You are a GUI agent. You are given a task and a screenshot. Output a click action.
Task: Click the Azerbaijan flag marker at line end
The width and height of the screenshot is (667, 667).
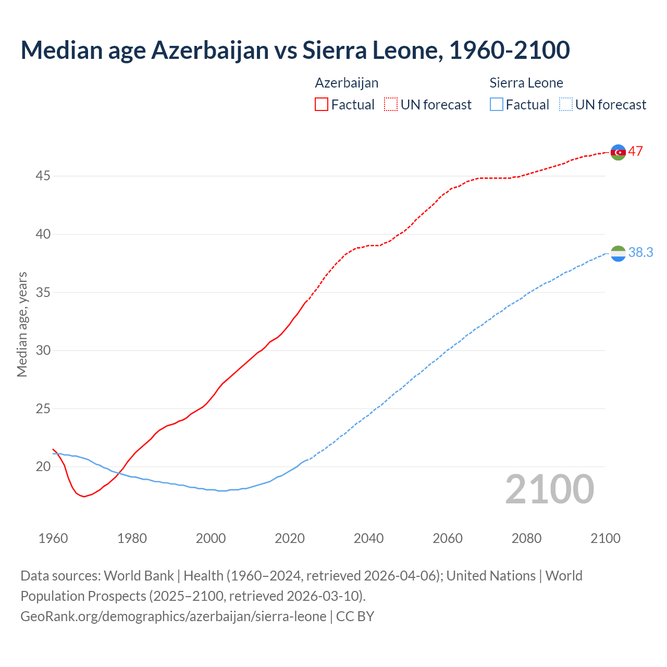pyautogui.click(x=618, y=152)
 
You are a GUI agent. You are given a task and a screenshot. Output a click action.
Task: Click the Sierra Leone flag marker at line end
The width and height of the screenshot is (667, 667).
pyautogui.click(x=618, y=253)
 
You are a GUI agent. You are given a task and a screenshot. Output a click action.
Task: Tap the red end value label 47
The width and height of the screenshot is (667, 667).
pyautogui.click(x=635, y=152)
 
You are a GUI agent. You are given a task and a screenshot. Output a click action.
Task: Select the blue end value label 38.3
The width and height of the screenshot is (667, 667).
pyautogui.click(x=640, y=253)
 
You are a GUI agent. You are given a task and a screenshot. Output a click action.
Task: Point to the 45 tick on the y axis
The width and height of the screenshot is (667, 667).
pyautogui.click(x=43, y=176)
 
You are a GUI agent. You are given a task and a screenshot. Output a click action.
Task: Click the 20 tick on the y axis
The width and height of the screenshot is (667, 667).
pyautogui.click(x=43, y=466)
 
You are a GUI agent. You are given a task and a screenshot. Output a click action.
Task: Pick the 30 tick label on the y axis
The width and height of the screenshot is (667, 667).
pyautogui.click(x=43, y=350)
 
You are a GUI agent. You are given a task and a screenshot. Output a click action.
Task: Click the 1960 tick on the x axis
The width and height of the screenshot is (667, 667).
pyautogui.click(x=53, y=538)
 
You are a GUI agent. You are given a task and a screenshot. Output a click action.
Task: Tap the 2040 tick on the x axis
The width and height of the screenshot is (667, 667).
pyautogui.click(x=368, y=538)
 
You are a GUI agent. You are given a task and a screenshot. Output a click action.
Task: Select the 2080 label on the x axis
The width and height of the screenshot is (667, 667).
pyautogui.click(x=526, y=538)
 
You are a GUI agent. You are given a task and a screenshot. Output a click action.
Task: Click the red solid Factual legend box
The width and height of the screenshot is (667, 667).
pyautogui.click(x=322, y=105)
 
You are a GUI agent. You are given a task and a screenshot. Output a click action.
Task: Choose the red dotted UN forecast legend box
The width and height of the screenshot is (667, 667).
pyautogui.click(x=391, y=105)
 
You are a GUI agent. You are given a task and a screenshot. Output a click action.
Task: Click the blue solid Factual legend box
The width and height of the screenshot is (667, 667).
pyautogui.click(x=497, y=105)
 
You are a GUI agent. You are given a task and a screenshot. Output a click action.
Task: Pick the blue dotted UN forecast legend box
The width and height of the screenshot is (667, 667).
pyautogui.click(x=565, y=105)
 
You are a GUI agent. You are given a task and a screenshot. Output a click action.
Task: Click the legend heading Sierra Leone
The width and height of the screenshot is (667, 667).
pyautogui.click(x=526, y=83)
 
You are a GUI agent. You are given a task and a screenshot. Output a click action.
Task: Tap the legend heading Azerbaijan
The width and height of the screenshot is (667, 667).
pyautogui.click(x=347, y=83)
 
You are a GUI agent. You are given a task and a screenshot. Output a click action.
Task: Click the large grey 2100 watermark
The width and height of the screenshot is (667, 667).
pyautogui.click(x=550, y=489)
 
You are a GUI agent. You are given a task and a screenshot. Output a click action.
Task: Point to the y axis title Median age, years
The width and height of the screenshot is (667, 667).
pyautogui.click(x=22, y=324)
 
